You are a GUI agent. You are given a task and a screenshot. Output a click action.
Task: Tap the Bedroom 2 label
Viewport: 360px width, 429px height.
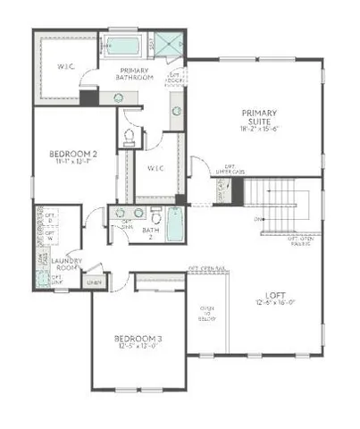[72, 154]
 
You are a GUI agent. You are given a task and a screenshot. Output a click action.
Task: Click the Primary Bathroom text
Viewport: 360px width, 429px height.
[133, 73]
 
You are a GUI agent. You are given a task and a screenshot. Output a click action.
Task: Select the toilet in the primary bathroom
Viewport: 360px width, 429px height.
[129, 137]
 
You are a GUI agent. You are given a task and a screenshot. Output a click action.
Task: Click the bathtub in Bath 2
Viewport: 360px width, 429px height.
[174, 223]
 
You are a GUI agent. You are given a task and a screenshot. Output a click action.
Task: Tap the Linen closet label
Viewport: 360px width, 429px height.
[92, 282]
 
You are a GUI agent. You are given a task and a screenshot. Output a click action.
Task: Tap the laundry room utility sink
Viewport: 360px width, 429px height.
[43, 279]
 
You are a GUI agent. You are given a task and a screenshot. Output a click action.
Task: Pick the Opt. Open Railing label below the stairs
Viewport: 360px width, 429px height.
[299, 240]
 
